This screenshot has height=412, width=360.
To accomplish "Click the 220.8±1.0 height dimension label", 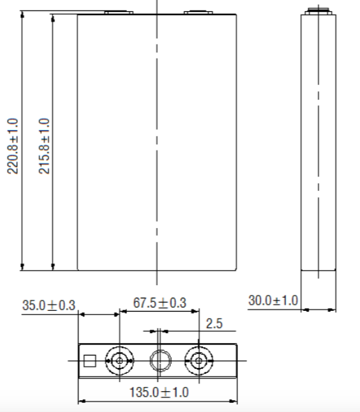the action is (x=13, y=146).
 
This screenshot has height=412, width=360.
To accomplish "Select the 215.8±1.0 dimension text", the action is (x=44, y=146).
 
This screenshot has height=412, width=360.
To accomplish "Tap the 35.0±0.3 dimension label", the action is (x=49, y=305).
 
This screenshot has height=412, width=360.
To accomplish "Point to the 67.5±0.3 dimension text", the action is (x=160, y=303).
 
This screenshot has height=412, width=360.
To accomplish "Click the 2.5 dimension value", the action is (x=214, y=323).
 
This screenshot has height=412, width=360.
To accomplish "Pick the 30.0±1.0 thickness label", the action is (x=273, y=300).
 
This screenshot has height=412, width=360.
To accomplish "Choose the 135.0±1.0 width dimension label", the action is (x=159, y=392).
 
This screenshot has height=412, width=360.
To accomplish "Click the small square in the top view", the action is (x=90, y=361).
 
